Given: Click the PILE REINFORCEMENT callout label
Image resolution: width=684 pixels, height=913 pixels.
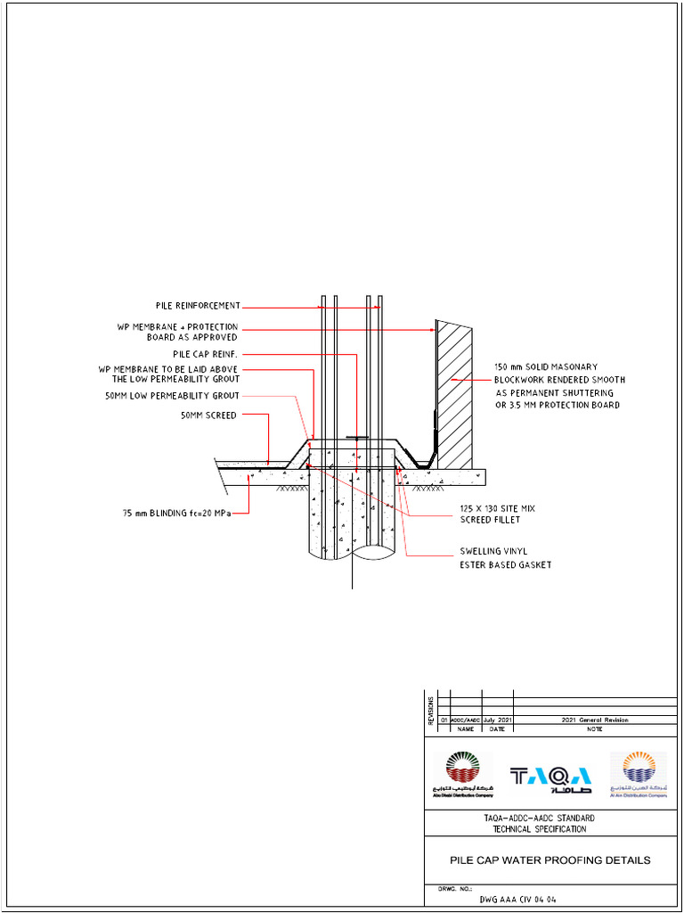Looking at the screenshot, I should pos(197,306).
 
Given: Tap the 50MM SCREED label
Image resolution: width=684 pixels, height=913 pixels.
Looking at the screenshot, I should pos(208,415).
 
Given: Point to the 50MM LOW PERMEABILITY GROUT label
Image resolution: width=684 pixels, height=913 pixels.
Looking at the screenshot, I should pos(172,396).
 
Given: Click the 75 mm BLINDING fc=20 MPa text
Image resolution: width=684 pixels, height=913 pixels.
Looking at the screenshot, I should pos(176,513).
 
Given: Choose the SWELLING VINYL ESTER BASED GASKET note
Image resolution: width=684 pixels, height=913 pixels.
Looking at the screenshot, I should pos(505,558).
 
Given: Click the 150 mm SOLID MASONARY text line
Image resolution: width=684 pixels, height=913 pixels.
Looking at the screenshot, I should pos(546,366).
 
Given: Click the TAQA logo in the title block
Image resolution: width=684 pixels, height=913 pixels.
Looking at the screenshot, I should pos(550,777).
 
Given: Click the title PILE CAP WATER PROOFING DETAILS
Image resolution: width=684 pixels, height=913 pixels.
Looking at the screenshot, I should pos(549,860).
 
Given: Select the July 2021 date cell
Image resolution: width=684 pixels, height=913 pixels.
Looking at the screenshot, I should pos(498,720).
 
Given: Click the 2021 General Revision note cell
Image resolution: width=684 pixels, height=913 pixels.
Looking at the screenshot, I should pos(594,720).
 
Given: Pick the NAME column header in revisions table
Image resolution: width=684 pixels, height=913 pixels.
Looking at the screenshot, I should pos(466,729).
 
